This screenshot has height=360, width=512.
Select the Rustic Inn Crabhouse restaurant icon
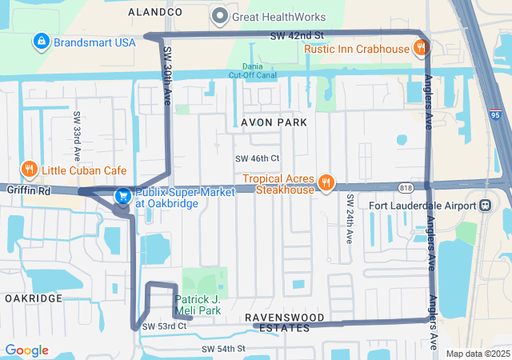pyautogui.click(x=420, y=49)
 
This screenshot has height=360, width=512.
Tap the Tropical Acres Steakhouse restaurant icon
pyautogui.click(x=326, y=183)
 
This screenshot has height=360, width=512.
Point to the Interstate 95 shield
pyautogui.click(x=495, y=115)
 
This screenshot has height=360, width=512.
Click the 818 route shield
pyautogui.click(x=406, y=188)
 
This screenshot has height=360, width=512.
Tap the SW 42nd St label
pyautogui.click(x=296, y=36)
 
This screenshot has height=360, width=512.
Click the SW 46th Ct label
pyautogui.click(x=257, y=158)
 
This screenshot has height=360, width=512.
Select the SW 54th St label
pyautogui.click(x=223, y=350)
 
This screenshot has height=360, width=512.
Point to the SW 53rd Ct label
pyautogui.click(x=164, y=326)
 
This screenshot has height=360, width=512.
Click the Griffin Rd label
pyautogui.click(x=28, y=191)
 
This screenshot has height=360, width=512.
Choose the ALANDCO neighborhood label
pyautogui.click(x=155, y=13)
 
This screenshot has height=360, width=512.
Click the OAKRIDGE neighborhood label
pyautogui.click(x=33, y=298)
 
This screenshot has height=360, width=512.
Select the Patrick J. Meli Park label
pyautogui.click(x=198, y=305)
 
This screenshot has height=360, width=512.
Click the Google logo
pyautogui.click(x=26, y=350)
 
